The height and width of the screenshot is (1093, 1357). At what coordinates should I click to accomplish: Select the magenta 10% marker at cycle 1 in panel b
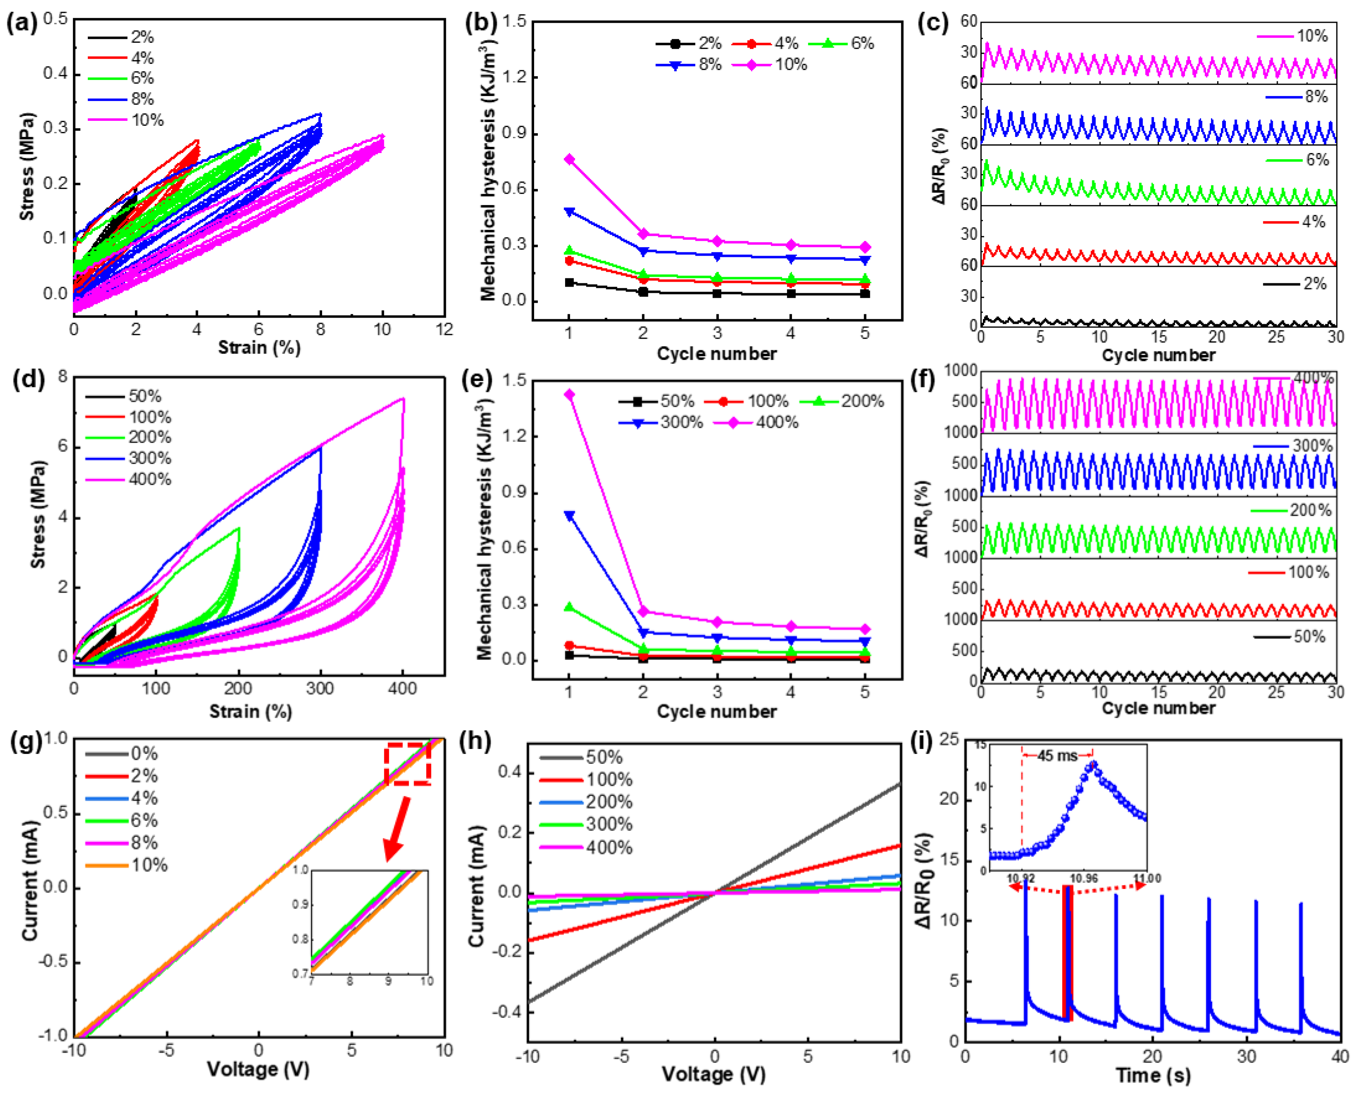[x=569, y=159]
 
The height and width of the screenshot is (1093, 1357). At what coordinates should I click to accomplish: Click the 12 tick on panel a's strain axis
[x=444, y=329]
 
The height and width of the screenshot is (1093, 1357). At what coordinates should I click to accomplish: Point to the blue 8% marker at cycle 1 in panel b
[x=569, y=212]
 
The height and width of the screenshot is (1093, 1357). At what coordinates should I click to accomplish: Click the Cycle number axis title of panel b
[x=716, y=354]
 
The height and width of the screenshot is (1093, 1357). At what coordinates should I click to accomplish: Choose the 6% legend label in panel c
[x=1316, y=160]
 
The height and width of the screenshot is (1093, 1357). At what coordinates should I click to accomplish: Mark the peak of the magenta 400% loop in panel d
[x=403, y=398]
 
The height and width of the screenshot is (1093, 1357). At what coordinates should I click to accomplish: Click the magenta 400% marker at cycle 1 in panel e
[x=569, y=395]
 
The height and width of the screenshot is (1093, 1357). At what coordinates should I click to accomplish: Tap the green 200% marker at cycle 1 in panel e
[x=569, y=607]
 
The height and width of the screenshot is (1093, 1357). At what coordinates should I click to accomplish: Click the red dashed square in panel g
[x=408, y=764]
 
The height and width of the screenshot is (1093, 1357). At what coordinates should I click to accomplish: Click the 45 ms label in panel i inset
[x=1057, y=756]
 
